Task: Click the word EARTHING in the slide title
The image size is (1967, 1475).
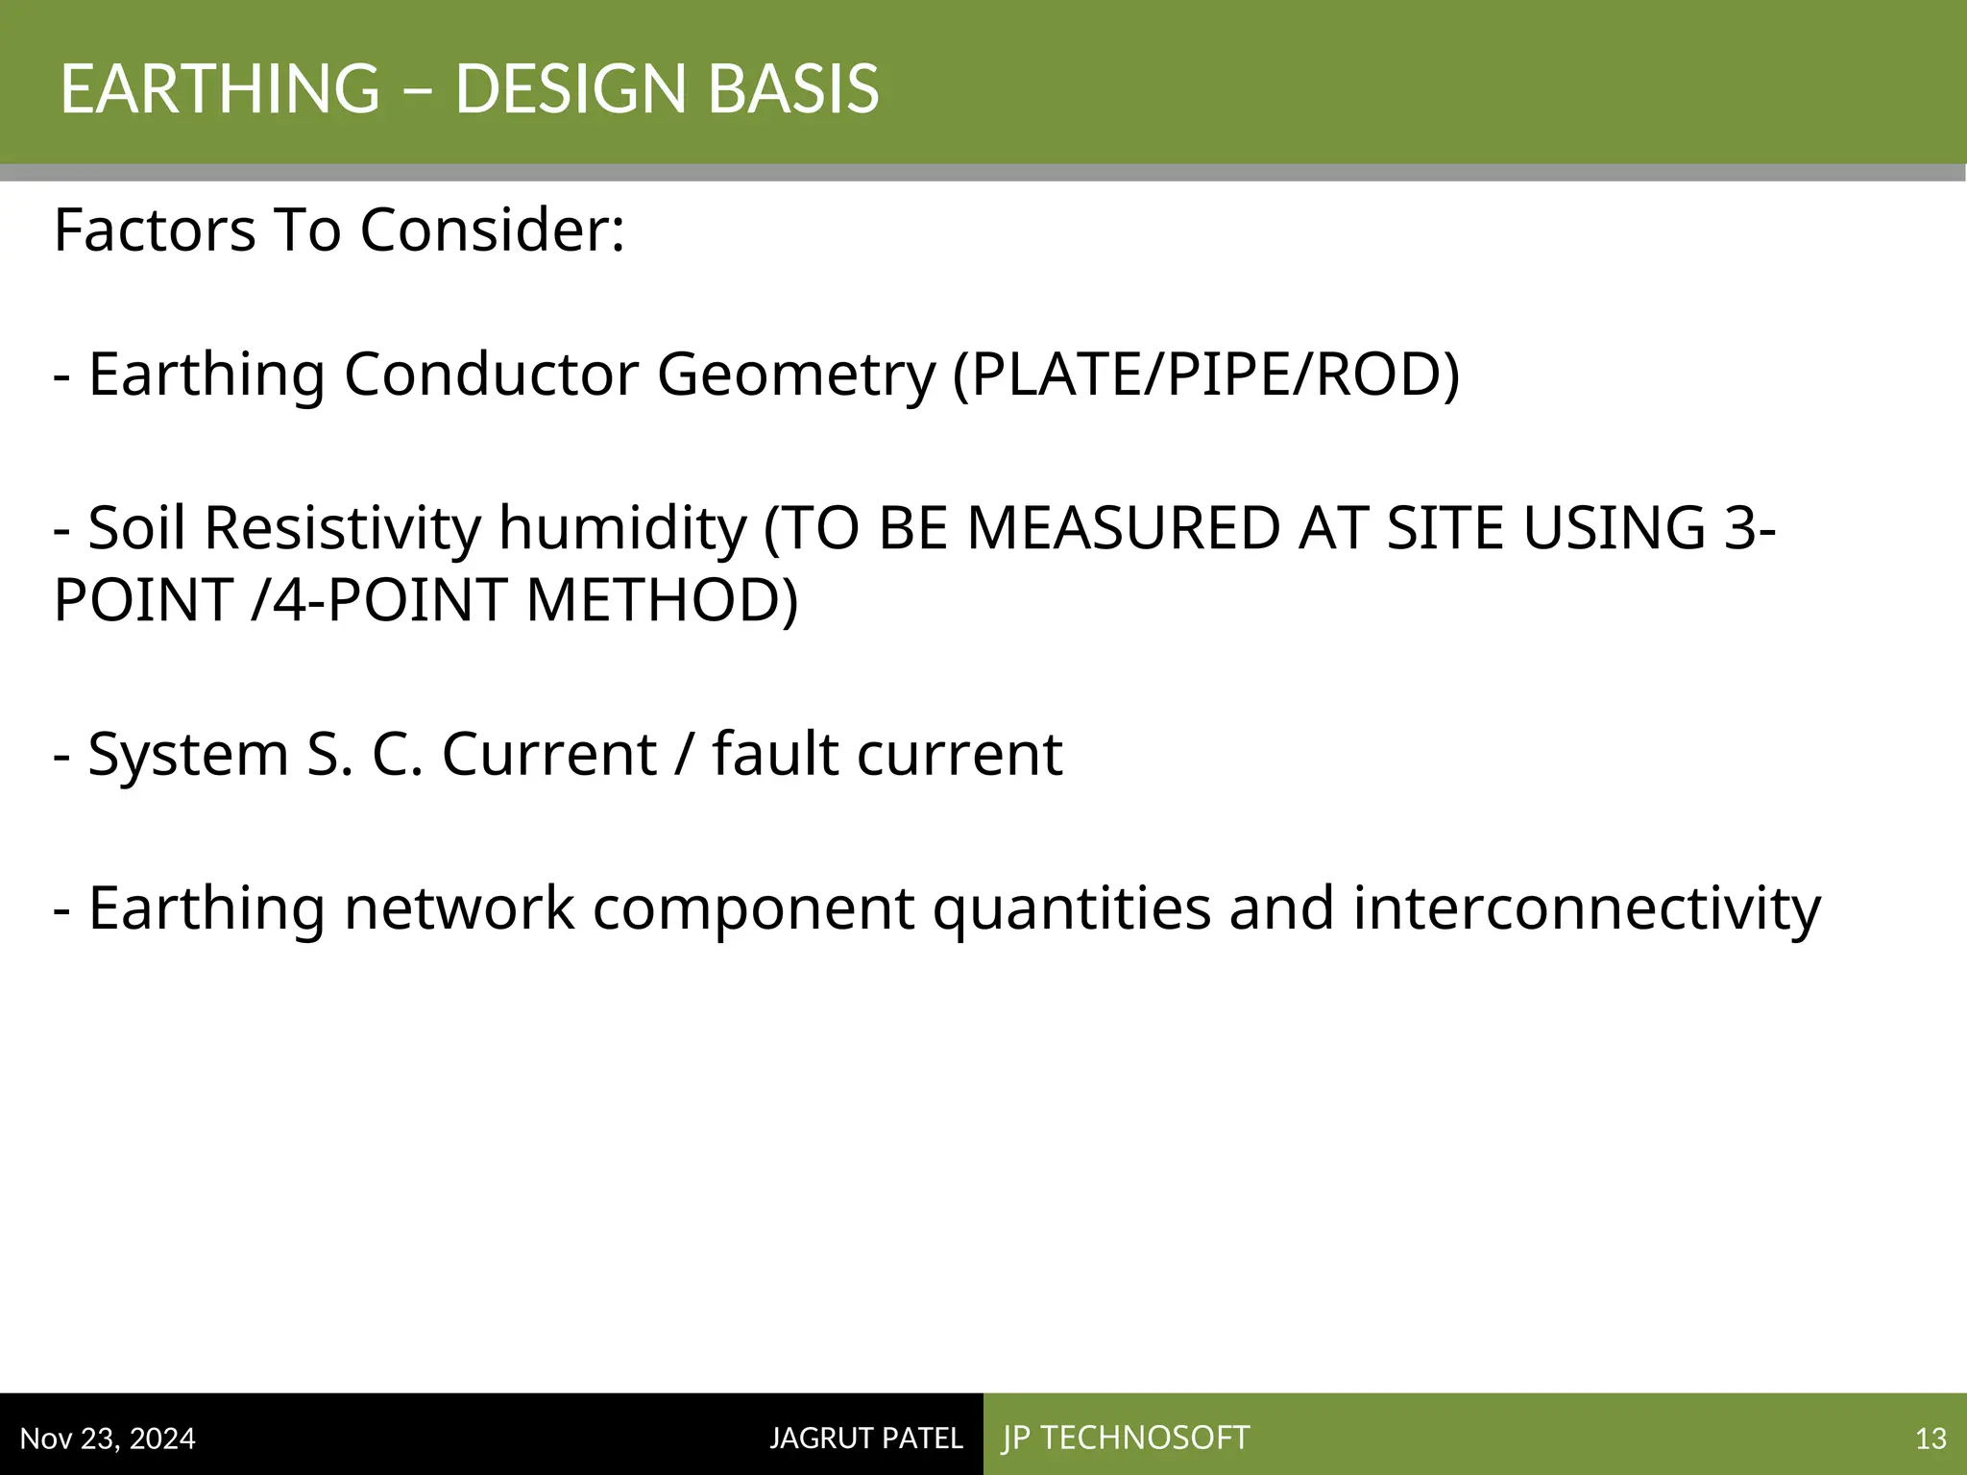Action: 220,88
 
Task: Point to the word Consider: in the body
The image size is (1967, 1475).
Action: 493,230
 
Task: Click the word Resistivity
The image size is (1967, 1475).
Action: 342,528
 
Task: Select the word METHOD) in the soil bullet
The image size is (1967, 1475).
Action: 662,600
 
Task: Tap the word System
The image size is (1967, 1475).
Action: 188,754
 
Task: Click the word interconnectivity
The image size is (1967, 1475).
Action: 1587,907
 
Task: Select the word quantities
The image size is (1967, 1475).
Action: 1072,907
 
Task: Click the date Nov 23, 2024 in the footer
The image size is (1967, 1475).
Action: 108,1439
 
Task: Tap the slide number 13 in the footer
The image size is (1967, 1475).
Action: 1931,1439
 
